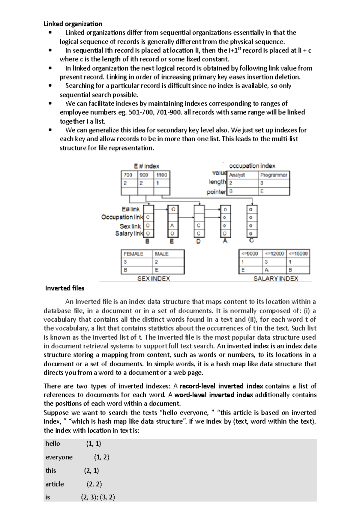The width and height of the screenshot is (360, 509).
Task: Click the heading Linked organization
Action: point(73,24)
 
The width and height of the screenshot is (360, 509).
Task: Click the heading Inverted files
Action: point(64,288)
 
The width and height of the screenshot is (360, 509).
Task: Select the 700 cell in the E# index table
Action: point(129,175)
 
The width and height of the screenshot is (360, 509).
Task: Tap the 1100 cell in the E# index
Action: point(161,175)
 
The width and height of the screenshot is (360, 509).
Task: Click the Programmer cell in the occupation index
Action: point(274,175)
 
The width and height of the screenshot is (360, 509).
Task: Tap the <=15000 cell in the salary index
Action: point(298,254)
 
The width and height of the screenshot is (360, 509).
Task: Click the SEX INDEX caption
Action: point(154,279)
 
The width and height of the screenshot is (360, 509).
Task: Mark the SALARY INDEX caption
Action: point(276,279)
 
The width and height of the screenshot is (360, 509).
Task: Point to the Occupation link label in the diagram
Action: point(122,217)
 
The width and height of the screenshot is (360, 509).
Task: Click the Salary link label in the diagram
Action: point(129,234)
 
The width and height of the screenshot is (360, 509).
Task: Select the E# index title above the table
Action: point(146,166)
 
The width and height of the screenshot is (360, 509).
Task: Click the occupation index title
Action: point(252,166)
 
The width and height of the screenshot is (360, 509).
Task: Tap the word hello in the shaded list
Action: point(52,444)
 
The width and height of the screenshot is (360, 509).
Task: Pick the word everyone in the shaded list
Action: point(59,457)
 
